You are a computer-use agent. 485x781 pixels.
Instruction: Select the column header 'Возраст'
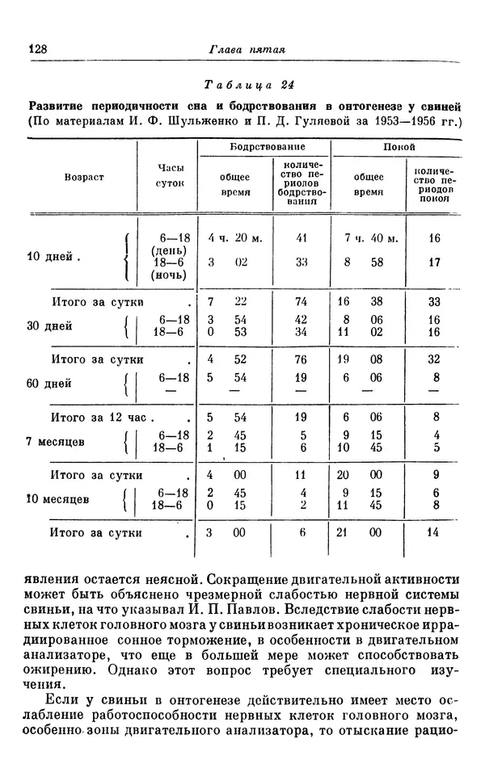point(84,176)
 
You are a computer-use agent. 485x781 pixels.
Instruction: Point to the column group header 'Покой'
point(399,148)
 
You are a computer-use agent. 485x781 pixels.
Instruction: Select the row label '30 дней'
point(50,326)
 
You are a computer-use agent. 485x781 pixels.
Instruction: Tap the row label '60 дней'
point(50,384)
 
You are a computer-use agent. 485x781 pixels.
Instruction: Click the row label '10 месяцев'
point(61,498)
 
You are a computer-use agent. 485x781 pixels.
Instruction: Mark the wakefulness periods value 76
point(302,358)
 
